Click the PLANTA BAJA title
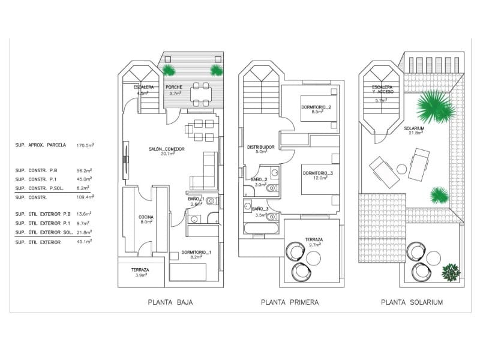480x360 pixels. pyautogui.click(x=170, y=302)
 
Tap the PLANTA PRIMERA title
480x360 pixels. pyautogui.click(x=290, y=302)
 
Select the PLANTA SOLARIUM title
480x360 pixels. pyautogui.click(x=412, y=302)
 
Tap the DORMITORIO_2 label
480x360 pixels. pyautogui.click(x=317, y=107)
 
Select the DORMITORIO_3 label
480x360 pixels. pyautogui.click(x=317, y=173)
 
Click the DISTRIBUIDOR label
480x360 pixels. pyautogui.click(x=260, y=146)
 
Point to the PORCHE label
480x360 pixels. pyautogui.click(x=174, y=88)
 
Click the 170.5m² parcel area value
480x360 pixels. pyautogui.click(x=87, y=145)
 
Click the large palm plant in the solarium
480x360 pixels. pyautogui.click(x=434, y=106)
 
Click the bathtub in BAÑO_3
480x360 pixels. pyautogui.click(x=260, y=228)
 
